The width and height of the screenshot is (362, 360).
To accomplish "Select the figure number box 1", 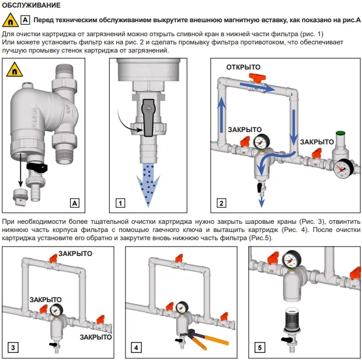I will point(120,203).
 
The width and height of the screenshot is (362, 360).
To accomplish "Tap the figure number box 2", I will point(221,203).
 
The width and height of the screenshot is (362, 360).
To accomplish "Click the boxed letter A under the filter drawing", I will point(74,203).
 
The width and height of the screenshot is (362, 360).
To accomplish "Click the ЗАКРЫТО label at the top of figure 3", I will point(76,254).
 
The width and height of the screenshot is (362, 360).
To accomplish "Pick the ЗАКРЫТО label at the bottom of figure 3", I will point(96,338).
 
